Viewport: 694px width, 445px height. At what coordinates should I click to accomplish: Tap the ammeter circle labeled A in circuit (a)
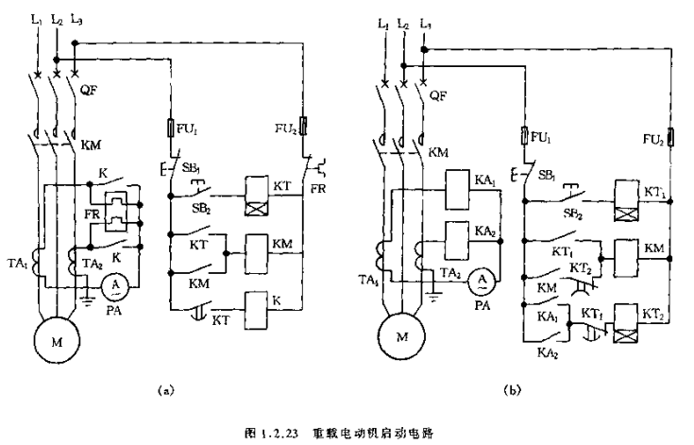click(x=116, y=284)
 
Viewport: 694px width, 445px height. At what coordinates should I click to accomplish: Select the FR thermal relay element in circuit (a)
click(x=116, y=214)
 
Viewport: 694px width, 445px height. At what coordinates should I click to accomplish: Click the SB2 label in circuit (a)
click(x=202, y=206)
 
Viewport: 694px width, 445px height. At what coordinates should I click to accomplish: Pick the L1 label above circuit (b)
click(x=385, y=22)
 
